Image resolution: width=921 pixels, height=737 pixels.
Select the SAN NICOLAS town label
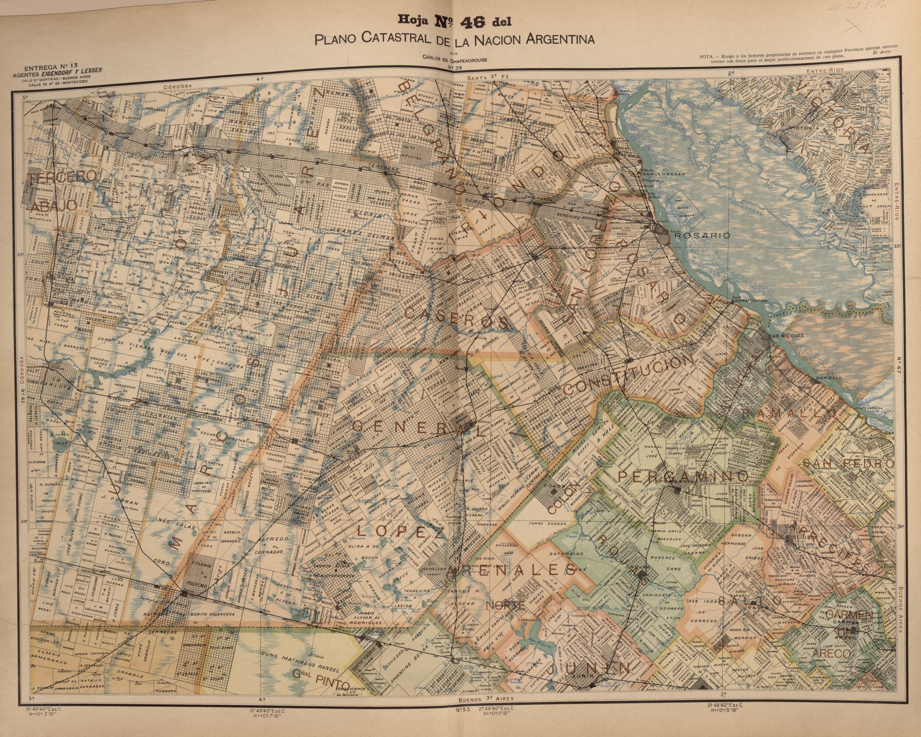(x=786, y=336)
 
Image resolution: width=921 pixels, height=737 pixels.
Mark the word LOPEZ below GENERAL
(x=401, y=531)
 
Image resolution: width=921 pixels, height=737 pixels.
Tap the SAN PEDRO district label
(x=848, y=463)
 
